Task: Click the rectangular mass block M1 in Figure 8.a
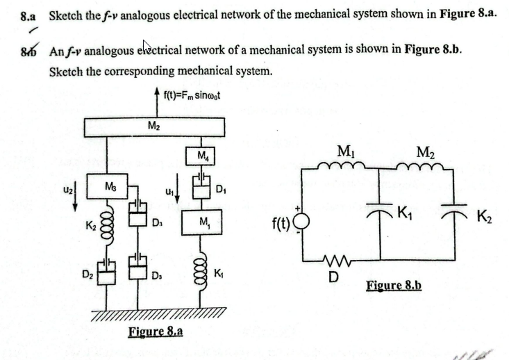[201, 222]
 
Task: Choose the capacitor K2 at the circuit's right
[455, 213]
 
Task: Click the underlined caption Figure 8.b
[394, 286]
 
